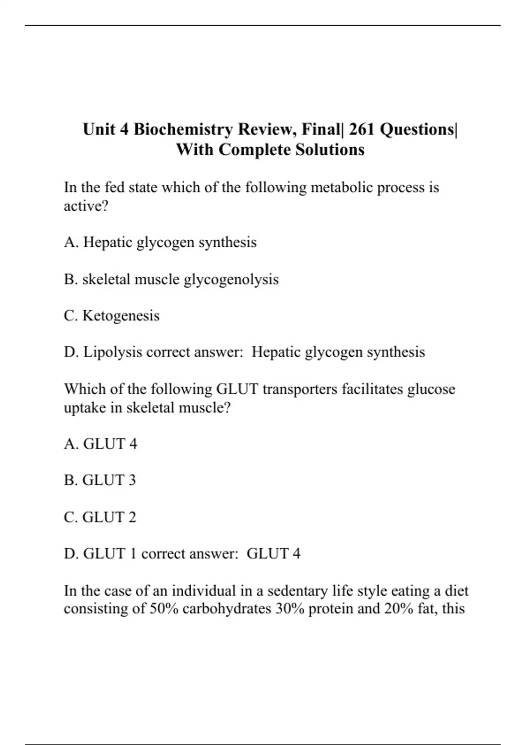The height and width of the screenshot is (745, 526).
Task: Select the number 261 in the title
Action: pyautogui.click(x=362, y=129)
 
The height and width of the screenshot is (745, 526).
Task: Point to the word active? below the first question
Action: pyautogui.click(x=86, y=206)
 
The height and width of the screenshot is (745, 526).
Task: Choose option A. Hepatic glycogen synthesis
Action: pyautogui.click(x=160, y=242)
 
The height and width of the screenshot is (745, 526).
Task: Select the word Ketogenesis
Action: pyautogui.click(x=121, y=316)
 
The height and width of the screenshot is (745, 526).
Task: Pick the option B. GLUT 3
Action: pyautogui.click(x=100, y=480)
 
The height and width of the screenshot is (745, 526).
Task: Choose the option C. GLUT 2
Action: pyautogui.click(x=100, y=517)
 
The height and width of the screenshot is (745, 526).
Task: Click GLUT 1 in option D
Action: pyautogui.click(x=110, y=553)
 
